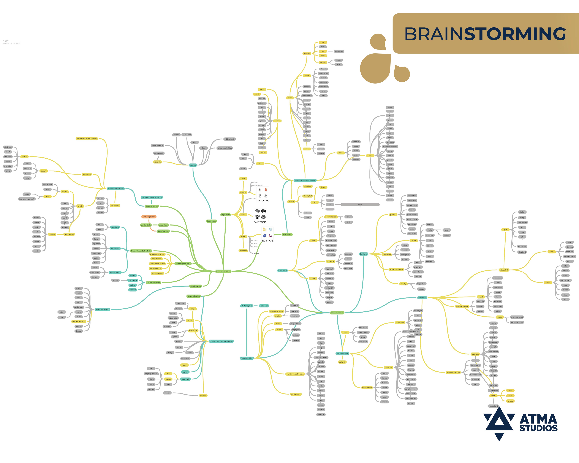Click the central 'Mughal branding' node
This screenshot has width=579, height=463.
tap(223, 271)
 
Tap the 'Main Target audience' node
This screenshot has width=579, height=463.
tap(116, 188)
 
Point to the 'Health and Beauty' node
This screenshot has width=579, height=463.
tap(102, 310)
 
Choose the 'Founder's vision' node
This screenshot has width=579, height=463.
tap(247, 358)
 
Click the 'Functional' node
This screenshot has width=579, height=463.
tap(422, 298)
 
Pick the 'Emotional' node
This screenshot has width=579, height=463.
tap(364, 254)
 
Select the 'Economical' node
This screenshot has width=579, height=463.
tap(283, 270)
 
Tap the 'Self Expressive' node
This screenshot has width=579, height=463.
tap(342, 353)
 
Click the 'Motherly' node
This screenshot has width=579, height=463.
tap(193, 165)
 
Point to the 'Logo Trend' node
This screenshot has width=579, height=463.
tap(226, 215)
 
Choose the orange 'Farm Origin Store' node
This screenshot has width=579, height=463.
tap(149, 217)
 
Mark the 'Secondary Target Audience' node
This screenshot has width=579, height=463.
tap(152, 197)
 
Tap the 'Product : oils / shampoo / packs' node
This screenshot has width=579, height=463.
tap(221, 341)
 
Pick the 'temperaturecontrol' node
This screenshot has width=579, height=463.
tap(453, 373)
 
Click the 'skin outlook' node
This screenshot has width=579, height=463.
tap(504, 270)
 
